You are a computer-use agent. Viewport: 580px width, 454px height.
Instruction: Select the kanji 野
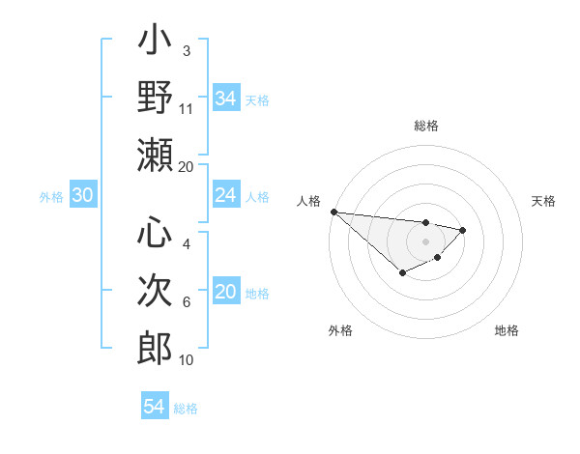click(155, 98)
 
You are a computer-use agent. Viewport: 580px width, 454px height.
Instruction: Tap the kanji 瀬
click(155, 154)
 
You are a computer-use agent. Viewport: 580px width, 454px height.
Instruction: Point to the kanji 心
click(155, 234)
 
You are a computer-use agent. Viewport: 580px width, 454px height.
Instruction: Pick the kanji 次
click(155, 290)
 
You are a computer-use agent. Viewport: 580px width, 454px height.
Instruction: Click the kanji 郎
click(155, 347)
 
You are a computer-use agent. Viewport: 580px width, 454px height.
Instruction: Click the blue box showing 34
click(225, 98)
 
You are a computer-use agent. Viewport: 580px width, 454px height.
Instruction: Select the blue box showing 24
click(225, 196)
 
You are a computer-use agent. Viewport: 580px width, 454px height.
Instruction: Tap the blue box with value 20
click(225, 292)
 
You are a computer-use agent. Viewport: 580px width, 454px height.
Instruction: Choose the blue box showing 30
click(82, 196)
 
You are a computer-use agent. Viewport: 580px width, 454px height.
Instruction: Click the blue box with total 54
click(154, 407)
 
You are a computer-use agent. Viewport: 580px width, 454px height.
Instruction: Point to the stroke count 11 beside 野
click(187, 108)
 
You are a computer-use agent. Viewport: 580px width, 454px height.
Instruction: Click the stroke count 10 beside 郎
click(187, 360)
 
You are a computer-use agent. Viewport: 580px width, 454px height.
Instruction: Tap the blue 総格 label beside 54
click(186, 408)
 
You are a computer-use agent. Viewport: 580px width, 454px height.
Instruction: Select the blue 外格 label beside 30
click(51, 197)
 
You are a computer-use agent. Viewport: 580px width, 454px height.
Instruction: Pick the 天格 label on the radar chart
click(544, 201)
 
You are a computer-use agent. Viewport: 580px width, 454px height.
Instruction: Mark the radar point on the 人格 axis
click(333, 212)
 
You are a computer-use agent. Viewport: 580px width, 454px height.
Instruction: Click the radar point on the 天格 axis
click(463, 230)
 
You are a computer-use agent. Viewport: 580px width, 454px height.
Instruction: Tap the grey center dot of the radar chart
click(425, 241)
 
